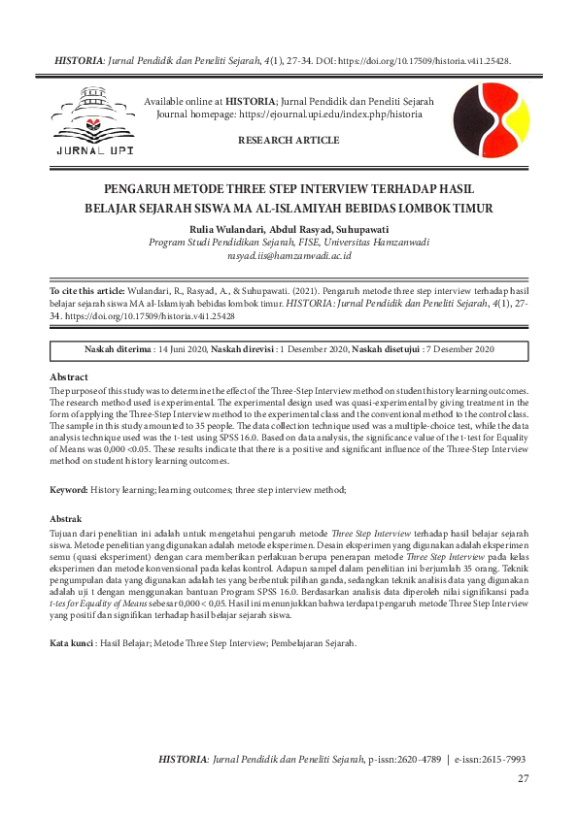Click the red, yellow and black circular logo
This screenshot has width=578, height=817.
tap(492, 120)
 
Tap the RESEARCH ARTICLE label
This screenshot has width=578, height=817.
tap(289, 141)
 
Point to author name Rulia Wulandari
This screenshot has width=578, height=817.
tap(221, 229)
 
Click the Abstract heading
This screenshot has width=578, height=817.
tap(68, 376)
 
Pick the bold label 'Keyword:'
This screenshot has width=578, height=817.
tap(69, 492)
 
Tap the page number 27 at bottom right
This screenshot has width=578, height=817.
tap(523, 778)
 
